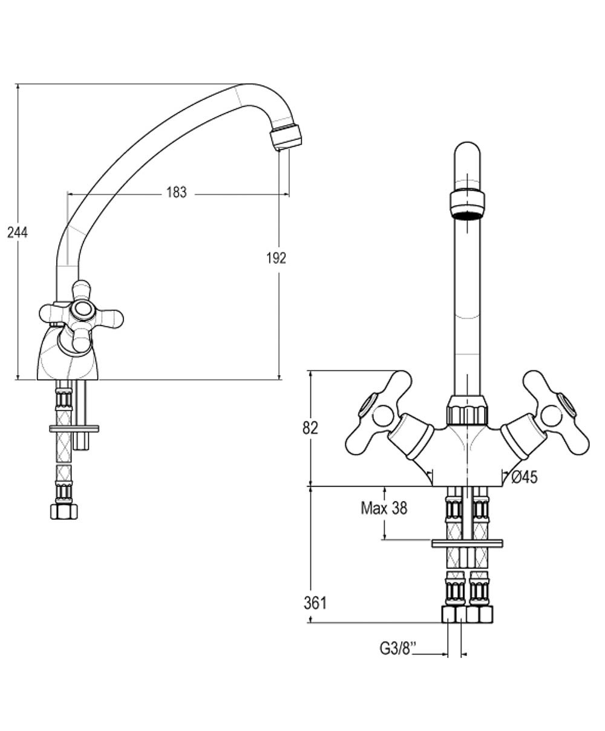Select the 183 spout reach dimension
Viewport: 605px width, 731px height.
coord(176,193)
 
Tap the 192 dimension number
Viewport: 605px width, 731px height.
coord(276,258)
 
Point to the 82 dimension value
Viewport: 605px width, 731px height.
coord(310,428)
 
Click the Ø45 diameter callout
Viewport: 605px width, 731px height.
coord(525,477)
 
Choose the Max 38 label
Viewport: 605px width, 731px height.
coord(384,508)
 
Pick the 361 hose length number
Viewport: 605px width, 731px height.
coord(315,603)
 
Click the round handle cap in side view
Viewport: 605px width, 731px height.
coord(80,310)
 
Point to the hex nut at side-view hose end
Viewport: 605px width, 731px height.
coord(63,511)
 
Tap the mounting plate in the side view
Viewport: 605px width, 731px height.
coord(73,428)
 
